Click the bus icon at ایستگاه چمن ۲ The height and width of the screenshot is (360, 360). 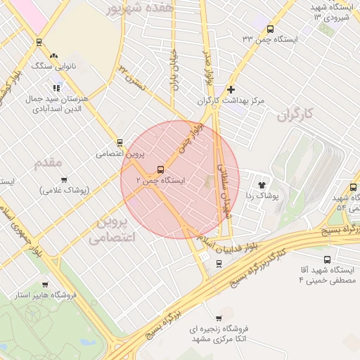161,169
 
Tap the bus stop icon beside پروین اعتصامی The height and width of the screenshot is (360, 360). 120,143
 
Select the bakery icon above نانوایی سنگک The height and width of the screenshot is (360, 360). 54,55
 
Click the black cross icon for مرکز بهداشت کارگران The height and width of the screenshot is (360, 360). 231,89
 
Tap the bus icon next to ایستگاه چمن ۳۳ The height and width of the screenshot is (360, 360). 271,28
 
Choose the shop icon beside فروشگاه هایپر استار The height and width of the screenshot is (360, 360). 46,285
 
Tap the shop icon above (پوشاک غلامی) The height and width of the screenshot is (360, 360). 63,180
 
